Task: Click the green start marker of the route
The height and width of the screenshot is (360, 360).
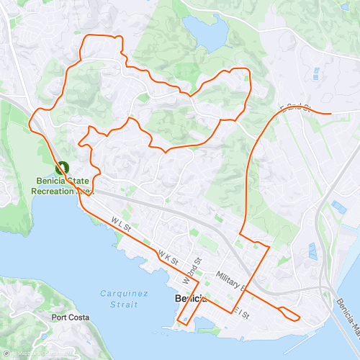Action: click(x=62, y=167)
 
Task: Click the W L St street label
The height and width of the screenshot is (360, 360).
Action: click(x=120, y=226)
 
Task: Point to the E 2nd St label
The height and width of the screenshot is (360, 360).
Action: click(x=293, y=108)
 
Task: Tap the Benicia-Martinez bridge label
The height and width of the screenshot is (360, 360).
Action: click(x=346, y=302)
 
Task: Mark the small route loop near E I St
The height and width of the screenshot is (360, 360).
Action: click(x=289, y=313)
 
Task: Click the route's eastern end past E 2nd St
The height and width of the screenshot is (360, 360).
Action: click(x=330, y=113)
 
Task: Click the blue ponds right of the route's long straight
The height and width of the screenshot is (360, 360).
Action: click(x=312, y=251)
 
